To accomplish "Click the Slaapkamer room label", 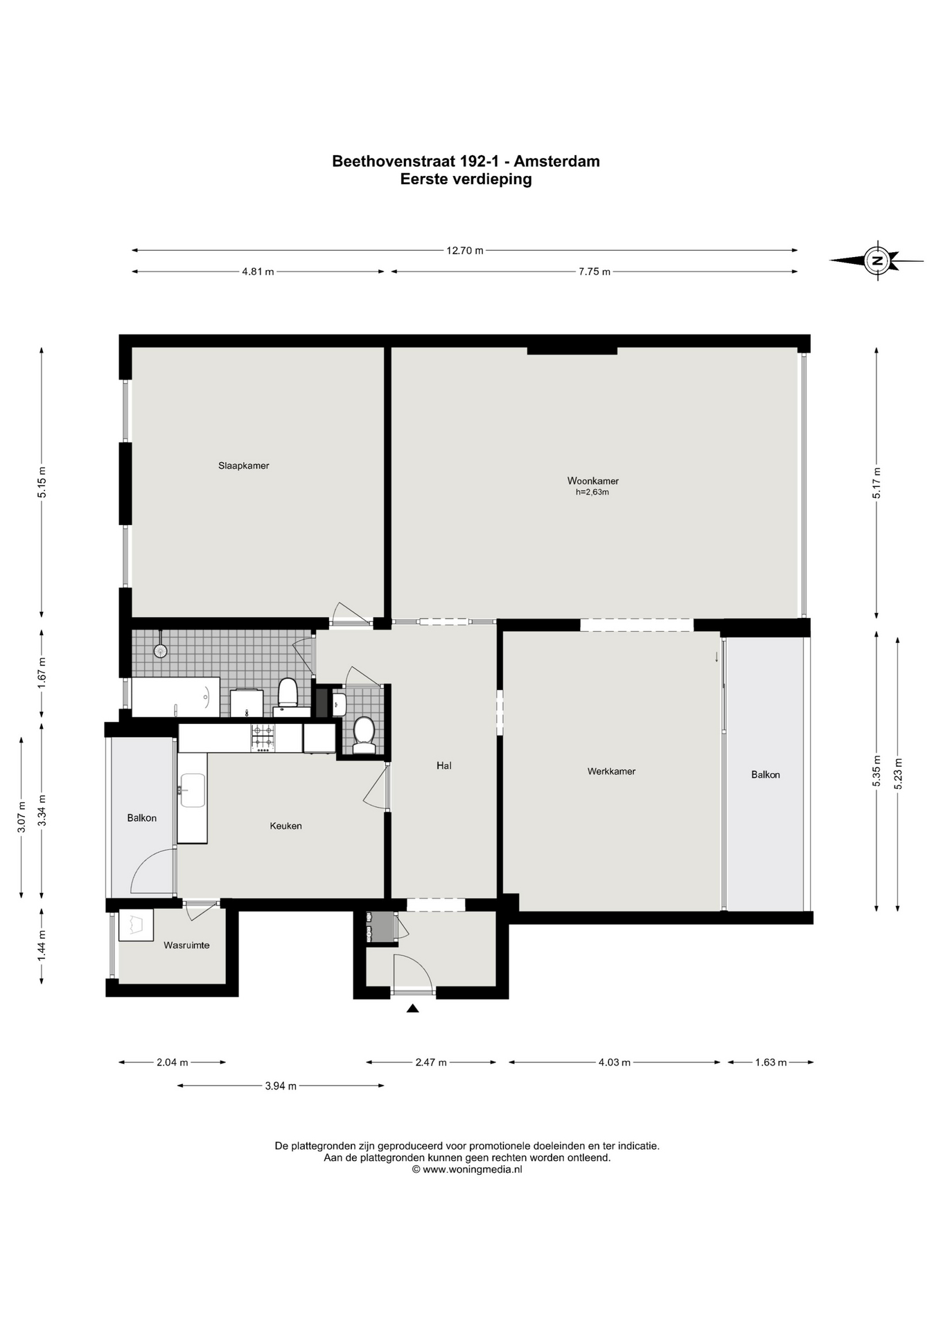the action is pyautogui.click(x=243, y=465).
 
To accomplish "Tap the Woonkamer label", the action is pyautogui.click(x=592, y=481).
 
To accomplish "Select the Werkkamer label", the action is pyautogui.click(x=611, y=771).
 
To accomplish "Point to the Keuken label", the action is pyautogui.click(x=285, y=826).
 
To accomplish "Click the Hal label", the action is pyautogui.click(x=444, y=765).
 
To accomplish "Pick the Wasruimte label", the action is pyautogui.click(x=186, y=945).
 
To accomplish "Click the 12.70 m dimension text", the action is pyautogui.click(x=465, y=251).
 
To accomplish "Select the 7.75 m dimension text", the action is pyautogui.click(x=595, y=272).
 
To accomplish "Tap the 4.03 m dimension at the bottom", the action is pyautogui.click(x=615, y=1062).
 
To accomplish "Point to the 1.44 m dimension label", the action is pyautogui.click(x=42, y=946).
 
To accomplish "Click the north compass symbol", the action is pyautogui.click(x=877, y=260).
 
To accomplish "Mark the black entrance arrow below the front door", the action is pyautogui.click(x=412, y=1009).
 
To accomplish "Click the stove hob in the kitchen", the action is pyautogui.click(x=263, y=738).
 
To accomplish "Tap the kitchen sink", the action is pyautogui.click(x=192, y=790).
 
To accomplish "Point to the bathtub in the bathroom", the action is pyautogui.click(x=175, y=698).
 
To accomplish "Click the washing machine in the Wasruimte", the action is pyautogui.click(x=136, y=925).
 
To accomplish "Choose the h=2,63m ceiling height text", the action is pyautogui.click(x=592, y=493).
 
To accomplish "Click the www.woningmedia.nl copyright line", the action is pyautogui.click(x=467, y=1169).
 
